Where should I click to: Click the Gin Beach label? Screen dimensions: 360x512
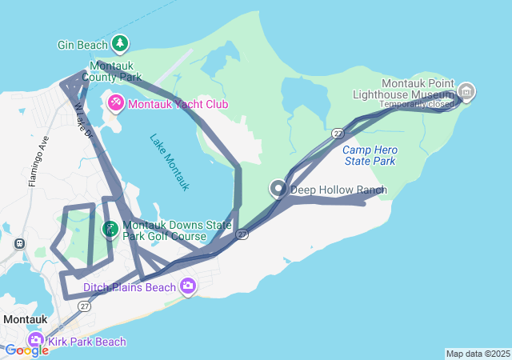(82, 45)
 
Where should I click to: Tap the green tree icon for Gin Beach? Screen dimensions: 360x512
(120, 43)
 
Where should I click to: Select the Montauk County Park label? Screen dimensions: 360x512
(115, 71)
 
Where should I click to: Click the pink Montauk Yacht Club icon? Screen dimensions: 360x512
(116, 103)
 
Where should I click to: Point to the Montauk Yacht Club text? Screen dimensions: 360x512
(178, 104)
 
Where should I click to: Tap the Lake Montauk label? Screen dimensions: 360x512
(170, 161)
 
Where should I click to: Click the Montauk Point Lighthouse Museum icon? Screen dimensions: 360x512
(467, 93)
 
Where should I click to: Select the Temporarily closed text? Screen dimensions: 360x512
(417, 104)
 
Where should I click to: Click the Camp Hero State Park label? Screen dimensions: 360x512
(370, 155)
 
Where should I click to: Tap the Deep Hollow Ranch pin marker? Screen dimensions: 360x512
(278, 189)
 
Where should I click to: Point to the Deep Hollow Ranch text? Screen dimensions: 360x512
(338, 190)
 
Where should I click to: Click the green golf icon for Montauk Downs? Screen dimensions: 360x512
(110, 230)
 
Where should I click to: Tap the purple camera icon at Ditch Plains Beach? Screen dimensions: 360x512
(188, 286)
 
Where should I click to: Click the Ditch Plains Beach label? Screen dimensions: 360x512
(130, 286)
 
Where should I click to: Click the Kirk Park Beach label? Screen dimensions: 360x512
(86, 342)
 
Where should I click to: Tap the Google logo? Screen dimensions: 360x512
(26, 350)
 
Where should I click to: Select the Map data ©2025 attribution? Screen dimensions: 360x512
(478, 354)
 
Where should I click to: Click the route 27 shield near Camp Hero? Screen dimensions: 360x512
(338, 133)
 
